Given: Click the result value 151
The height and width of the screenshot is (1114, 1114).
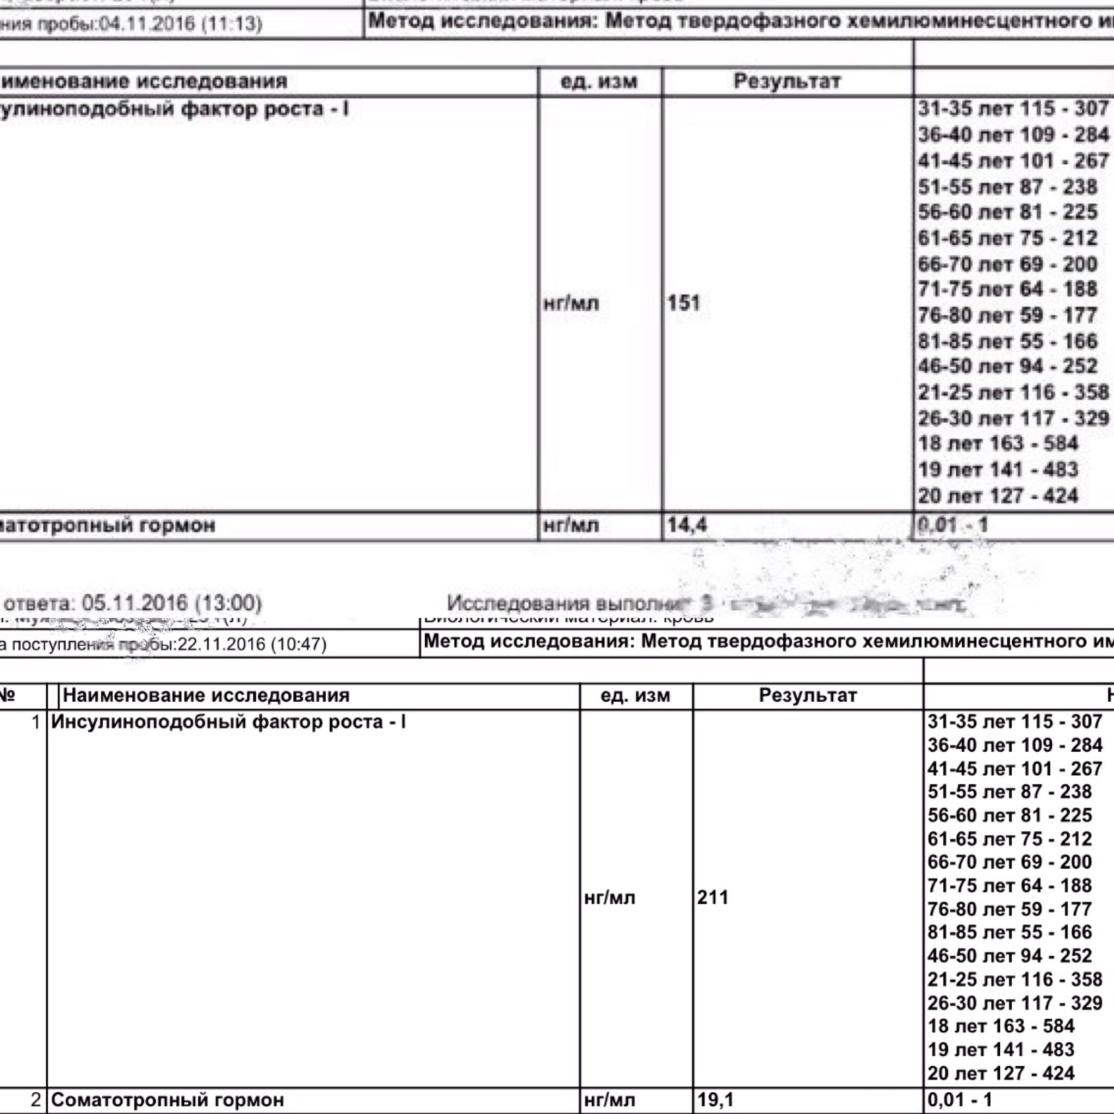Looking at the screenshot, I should coord(683,303).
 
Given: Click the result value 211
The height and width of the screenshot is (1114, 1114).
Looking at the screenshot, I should coord(713,897).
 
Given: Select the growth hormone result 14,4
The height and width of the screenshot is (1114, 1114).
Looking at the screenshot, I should coord(686,525).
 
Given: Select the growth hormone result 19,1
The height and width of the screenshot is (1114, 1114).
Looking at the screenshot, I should coord(715,1099).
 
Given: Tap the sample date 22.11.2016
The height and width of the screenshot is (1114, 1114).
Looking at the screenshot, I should coord(224,644).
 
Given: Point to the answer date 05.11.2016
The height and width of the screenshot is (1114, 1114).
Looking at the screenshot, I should coord(134,603).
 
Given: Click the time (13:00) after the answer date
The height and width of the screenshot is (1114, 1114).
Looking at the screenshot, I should coord(228,603).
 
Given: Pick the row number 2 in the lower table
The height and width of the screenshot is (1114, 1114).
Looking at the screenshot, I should coord(36,1099).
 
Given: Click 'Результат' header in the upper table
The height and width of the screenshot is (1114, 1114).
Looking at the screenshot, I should coord(787,81).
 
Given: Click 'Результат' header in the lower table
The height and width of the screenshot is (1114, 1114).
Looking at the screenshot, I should coord(807,695).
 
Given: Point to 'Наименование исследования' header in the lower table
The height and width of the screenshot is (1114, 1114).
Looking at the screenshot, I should coord(206,695).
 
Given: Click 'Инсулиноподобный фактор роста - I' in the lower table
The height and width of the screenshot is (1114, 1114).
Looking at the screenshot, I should coord(228,721).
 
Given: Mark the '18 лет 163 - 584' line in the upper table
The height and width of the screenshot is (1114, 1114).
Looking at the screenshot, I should coord(998,443).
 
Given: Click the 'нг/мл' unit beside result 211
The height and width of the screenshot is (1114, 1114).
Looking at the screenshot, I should coord(609,898).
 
